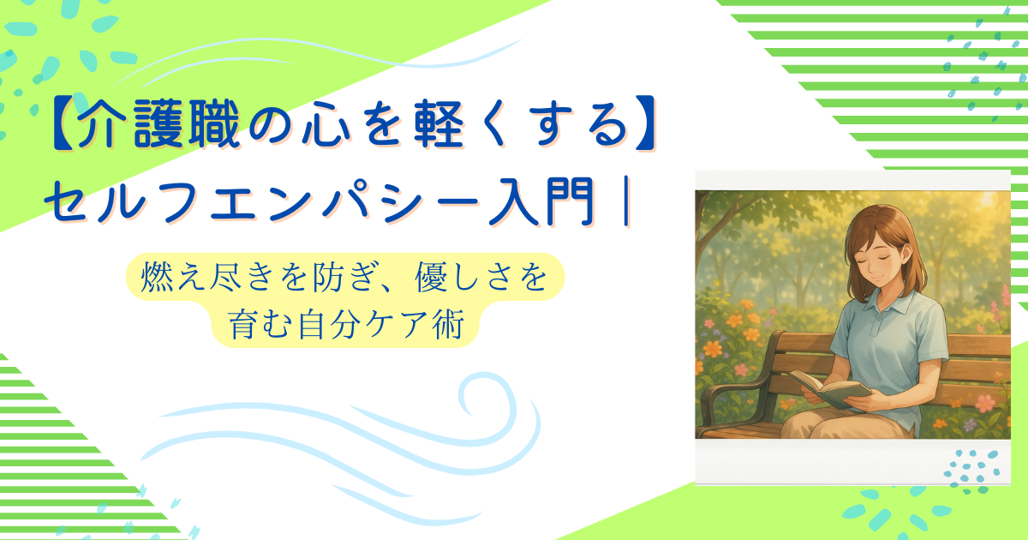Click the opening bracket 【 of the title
(x=61, y=124)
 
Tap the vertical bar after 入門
(x=626, y=202)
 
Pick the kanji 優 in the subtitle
(x=433, y=276)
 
